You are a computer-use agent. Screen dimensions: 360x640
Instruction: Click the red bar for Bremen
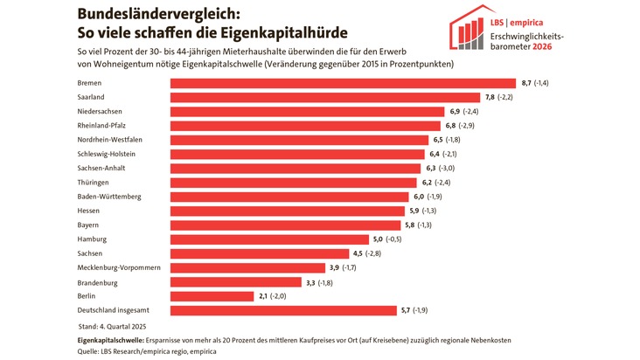[343, 83]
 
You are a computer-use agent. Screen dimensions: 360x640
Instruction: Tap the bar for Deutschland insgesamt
[282, 310]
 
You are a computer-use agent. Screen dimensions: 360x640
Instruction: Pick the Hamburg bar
[268, 239]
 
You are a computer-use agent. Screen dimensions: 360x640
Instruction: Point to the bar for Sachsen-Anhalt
[295, 168]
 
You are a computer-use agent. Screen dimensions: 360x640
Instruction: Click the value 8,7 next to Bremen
[526, 83]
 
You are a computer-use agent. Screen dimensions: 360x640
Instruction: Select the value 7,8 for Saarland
[490, 97]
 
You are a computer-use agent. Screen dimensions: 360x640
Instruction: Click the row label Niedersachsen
[100, 112]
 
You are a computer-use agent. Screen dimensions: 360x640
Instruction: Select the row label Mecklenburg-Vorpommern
[119, 267]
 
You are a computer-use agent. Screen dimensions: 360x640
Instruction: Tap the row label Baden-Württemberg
[109, 197]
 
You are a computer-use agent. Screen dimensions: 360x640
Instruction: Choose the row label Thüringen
[94, 183]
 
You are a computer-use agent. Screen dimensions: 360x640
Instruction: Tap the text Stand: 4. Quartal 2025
[117, 325]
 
